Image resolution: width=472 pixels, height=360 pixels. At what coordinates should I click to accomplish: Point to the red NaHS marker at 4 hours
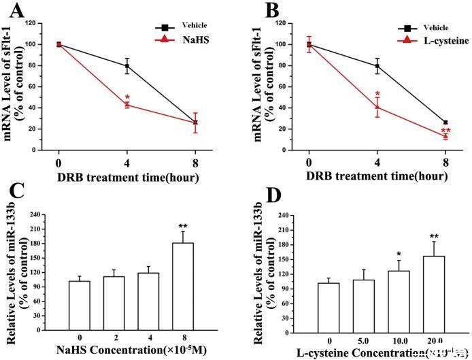pyautogui.click(x=127, y=104)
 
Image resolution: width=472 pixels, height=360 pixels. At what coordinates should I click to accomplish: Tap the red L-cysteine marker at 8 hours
pyautogui.click(x=445, y=136)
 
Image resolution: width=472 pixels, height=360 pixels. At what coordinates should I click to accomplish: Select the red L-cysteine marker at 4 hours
pyautogui.click(x=377, y=107)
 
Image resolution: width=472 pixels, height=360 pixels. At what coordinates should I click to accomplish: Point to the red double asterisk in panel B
pyautogui.click(x=445, y=129)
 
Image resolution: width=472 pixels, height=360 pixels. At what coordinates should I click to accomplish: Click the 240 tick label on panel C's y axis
pyautogui.click(x=44, y=214)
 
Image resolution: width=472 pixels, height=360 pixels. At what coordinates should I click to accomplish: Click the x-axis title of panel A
pyautogui.click(x=127, y=178)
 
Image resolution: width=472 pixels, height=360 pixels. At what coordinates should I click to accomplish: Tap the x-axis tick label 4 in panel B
pyautogui.click(x=377, y=163)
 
